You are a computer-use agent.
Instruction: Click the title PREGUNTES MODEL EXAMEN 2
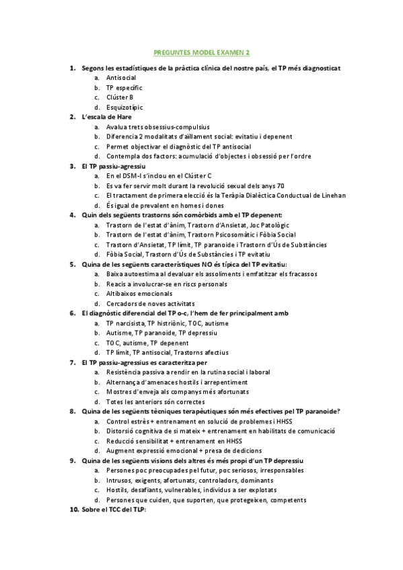[x=201, y=52]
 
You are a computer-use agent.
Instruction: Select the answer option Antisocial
[x=121, y=78]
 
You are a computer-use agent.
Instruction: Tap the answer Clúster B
[x=120, y=97]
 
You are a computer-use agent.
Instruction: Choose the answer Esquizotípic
[x=124, y=108]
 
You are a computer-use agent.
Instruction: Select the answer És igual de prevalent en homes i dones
[x=166, y=205]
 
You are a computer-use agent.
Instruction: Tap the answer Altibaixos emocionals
[x=139, y=294]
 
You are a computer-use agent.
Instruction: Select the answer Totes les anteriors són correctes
[x=155, y=401]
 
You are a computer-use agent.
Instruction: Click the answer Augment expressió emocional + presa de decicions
[x=184, y=450]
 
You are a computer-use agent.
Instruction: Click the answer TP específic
[x=124, y=88]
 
